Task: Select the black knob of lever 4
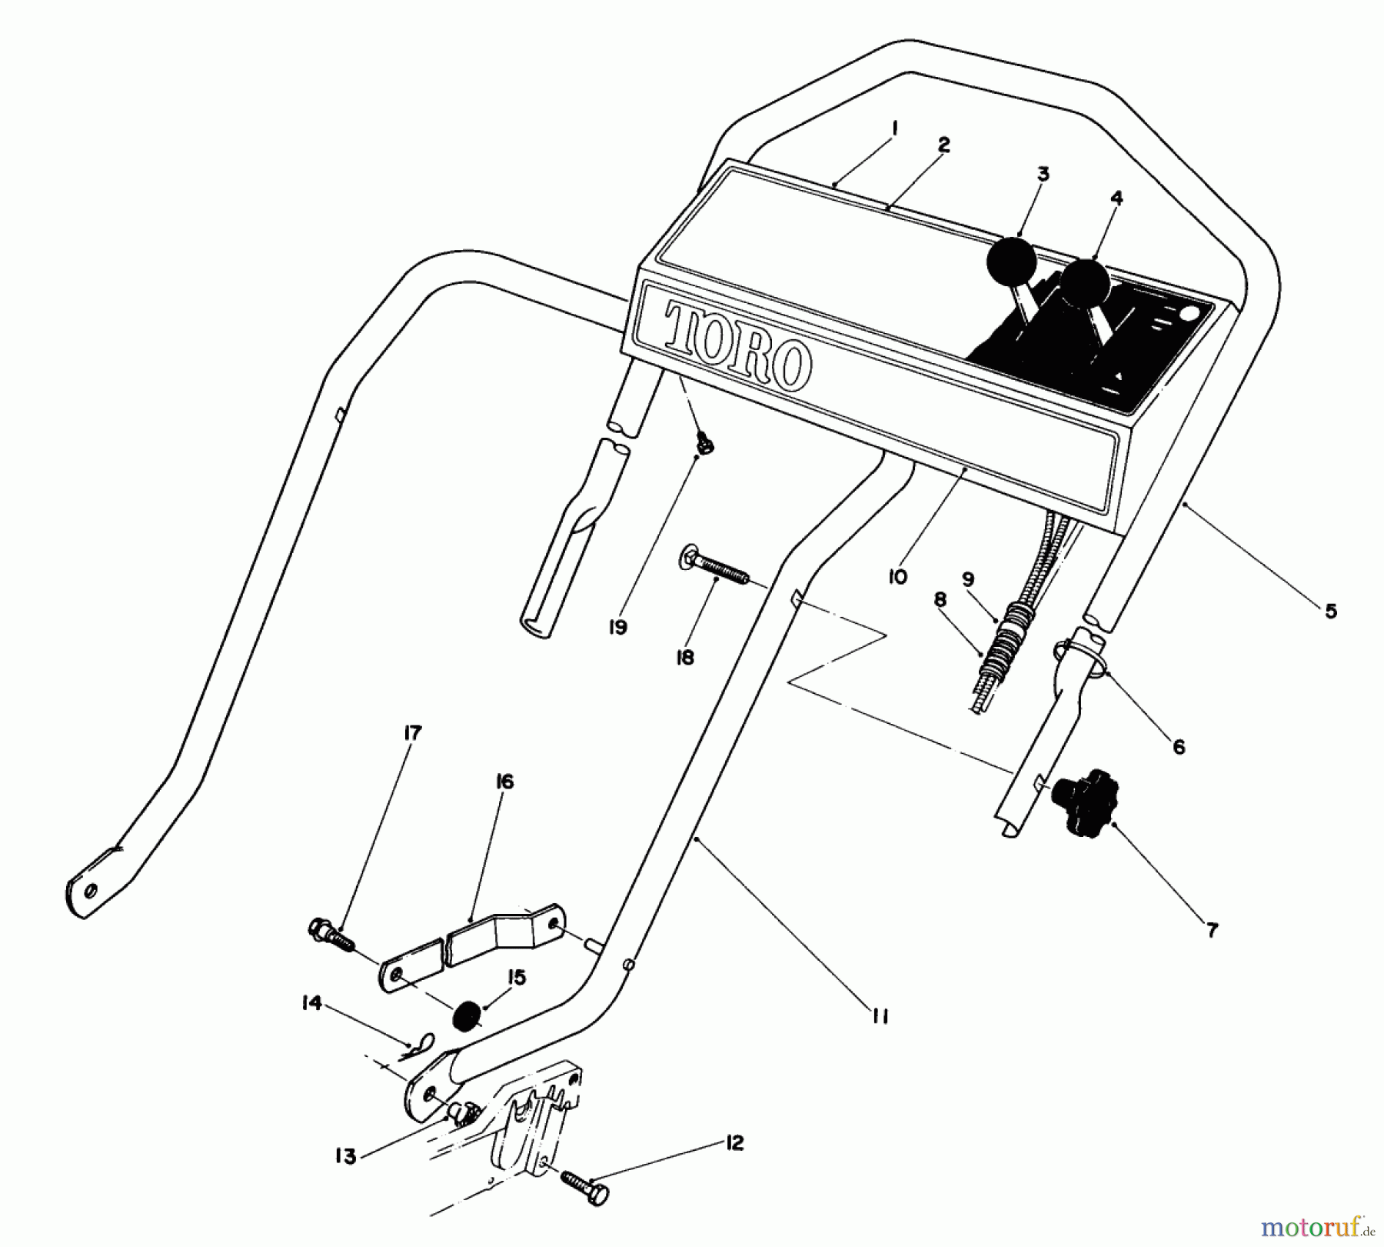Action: click(1086, 282)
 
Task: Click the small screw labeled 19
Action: click(703, 442)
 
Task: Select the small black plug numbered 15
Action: click(464, 1016)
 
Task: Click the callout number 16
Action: click(504, 782)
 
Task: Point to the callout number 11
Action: click(880, 1016)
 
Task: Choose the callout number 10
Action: click(897, 576)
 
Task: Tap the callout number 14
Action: click(311, 1003)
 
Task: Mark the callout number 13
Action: click(346, 1156)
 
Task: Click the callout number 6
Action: click(1179, 745)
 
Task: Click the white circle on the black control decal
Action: click(1189, 314)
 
